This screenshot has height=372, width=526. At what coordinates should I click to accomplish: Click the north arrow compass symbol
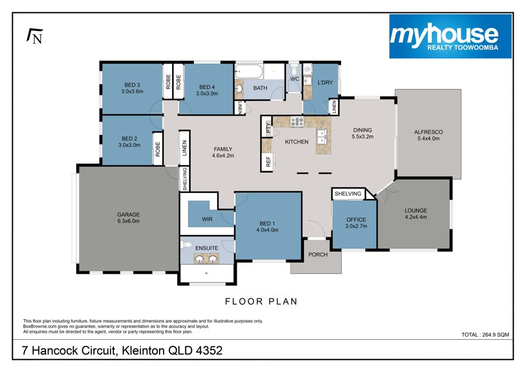(35, 36)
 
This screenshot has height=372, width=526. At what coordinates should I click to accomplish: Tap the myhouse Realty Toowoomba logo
(450, 36)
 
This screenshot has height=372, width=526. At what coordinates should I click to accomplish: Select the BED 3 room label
(132, 85)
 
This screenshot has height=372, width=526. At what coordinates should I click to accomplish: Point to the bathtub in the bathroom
(248, 71)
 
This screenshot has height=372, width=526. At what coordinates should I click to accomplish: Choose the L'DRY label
(325, 82)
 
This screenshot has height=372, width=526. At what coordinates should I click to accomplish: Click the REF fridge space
(268, 161)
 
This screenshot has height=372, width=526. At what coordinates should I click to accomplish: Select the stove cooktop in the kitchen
(297, 122)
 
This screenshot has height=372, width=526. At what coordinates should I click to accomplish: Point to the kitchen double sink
(322, 136)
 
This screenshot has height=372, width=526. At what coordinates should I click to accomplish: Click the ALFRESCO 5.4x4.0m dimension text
(428, 138)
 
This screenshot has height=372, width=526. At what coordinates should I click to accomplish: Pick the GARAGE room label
(129, 214)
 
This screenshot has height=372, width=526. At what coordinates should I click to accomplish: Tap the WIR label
(207, 219)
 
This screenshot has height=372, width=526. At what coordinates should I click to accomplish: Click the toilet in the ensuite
(186, 244)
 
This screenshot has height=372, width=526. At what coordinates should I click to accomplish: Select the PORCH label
(318, 254)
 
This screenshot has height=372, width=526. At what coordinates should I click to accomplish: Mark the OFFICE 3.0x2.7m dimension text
(356, 226)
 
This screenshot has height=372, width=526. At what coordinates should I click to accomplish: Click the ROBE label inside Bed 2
(158, 149)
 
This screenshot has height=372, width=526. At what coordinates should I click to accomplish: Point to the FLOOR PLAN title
(261, 301)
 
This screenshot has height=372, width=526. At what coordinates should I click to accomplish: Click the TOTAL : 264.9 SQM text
(485, 335)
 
